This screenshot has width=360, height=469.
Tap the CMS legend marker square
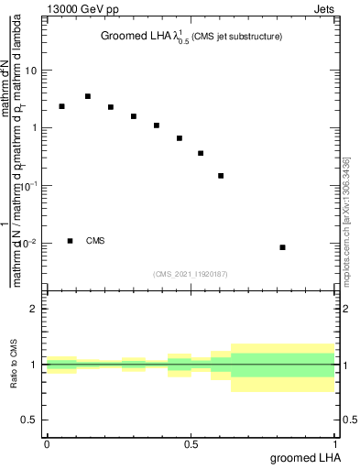71,241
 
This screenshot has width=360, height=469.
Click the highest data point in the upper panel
88,96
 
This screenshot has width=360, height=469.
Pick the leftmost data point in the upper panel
61,106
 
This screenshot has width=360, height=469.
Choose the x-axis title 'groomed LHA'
303,457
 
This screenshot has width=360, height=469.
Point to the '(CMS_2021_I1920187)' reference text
190,273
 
